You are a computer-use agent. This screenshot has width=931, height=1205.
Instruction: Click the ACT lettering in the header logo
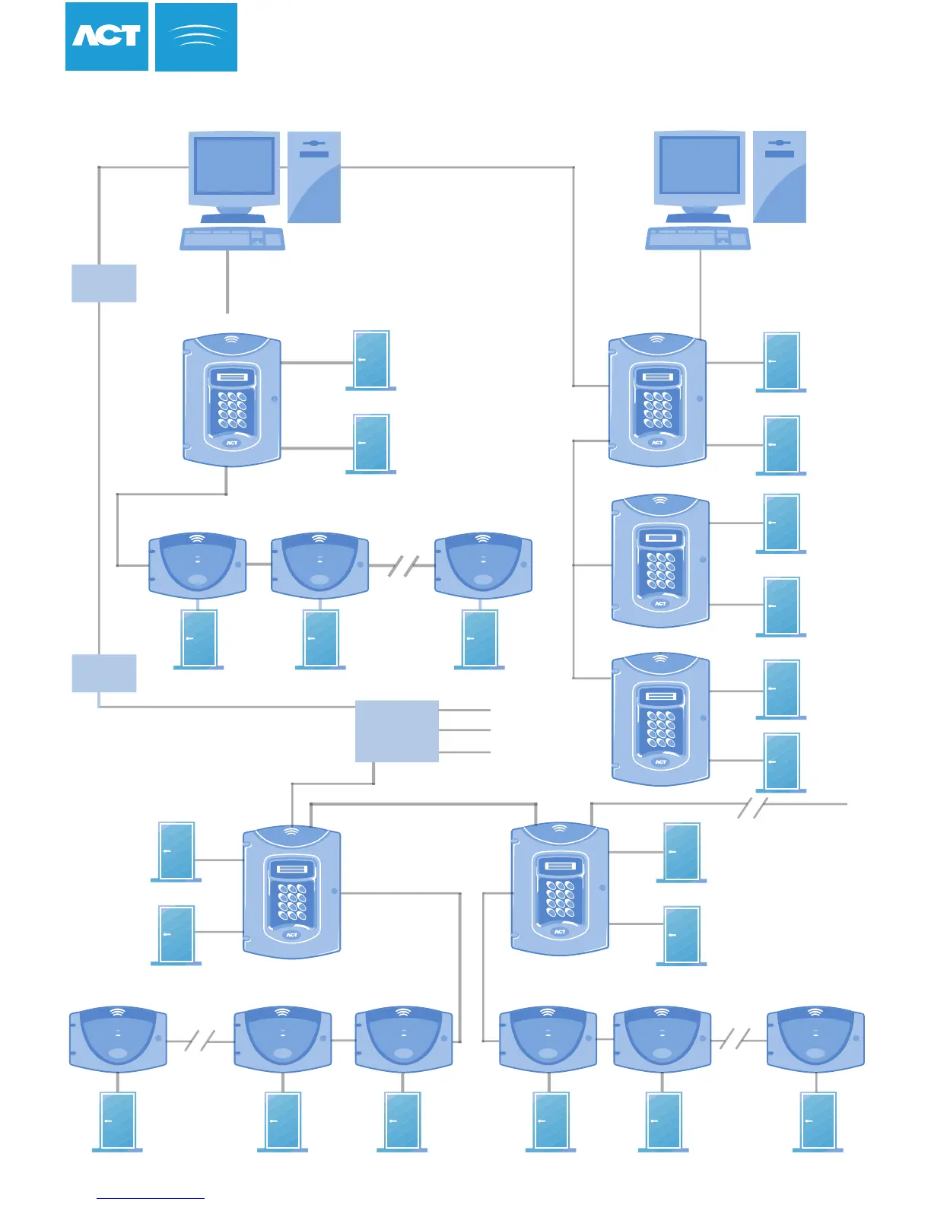[x=106, y=37]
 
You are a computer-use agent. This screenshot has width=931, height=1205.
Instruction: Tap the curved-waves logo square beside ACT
[x=196, y=37]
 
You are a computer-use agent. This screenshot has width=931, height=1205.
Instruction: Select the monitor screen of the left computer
[x=234, y=166]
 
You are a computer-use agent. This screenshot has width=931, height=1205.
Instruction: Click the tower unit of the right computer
[x=780, y=176]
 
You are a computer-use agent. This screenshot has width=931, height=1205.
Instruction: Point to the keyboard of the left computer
[x=232, y=239]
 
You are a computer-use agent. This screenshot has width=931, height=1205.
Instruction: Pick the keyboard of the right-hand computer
[x=697, y=239]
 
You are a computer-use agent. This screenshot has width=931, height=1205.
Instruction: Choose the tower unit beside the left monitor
[x=314, y=176]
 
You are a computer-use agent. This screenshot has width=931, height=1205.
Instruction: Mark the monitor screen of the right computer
[x=700, y=165]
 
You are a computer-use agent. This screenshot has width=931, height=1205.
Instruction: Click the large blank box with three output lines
[x=397, y=731]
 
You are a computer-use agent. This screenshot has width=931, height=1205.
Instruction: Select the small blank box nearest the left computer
[x=104, y=283]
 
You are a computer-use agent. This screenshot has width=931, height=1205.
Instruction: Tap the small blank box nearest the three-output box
[x=104, y=673]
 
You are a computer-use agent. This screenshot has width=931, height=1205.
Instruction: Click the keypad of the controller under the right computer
[x=658, y=411]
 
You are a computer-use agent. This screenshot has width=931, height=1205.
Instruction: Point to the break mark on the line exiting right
[x=751, y=808]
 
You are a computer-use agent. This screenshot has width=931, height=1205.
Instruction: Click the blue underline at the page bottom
[x=151, y=1198]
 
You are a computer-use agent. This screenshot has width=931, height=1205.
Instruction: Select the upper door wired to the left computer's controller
[x=371, y=360]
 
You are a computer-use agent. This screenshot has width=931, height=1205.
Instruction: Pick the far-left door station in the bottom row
[x=118, y=1039]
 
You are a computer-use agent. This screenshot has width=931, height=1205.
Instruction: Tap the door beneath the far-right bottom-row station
[x=818, y=1121]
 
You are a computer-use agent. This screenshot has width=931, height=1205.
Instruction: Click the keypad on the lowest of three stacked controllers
[x=661, y=729]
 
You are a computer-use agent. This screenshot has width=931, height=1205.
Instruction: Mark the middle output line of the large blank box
[x=465, y=730]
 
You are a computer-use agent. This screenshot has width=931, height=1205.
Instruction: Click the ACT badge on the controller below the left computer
[x=232, y=442]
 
